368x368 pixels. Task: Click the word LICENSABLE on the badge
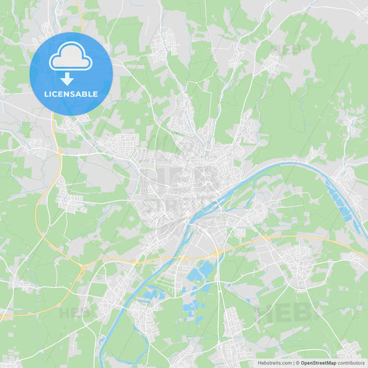coord(70,93)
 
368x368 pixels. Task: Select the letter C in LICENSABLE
coord(55,93)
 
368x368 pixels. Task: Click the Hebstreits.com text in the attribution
coord(275,362)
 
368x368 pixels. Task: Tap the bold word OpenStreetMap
coord(318,362)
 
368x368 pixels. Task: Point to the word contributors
coord(351,362)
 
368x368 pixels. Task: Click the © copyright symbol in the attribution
coord(296,362)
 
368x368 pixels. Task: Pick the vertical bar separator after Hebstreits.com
coord(292,362)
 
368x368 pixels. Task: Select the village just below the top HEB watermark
coord(273,66)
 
